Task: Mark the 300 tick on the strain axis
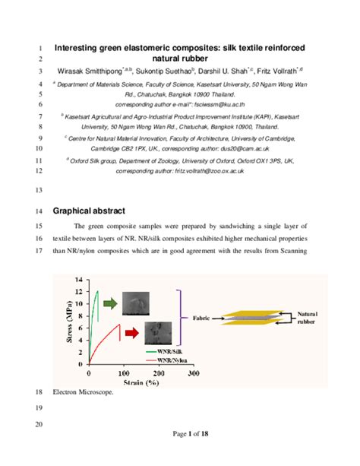pos(193,373)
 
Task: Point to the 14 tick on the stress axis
pos(77,281)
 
